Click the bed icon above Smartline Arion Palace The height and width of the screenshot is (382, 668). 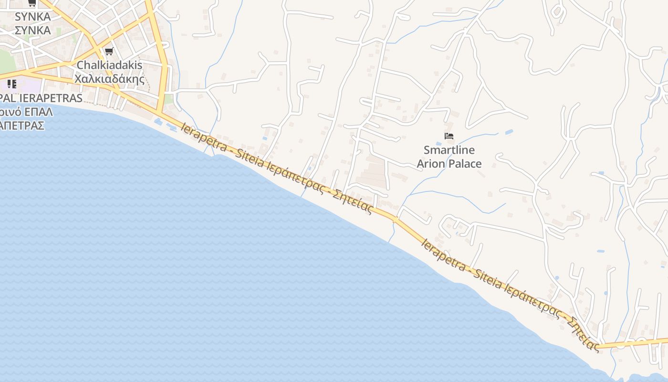click(x=449, y=136)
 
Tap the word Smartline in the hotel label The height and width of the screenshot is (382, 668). click(x=449, y=150)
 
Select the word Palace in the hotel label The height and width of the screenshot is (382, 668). click(x=464, y=164)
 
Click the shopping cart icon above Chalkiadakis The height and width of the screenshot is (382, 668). click(x=109, y=52)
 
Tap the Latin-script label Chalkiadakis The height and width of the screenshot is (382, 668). click(x=109, y=65)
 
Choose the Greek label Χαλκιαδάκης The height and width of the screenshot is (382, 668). click(x=109, y=79)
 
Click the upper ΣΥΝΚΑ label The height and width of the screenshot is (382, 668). click(x=32, y=17)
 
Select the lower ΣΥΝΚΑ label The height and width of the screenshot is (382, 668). click(x=32, y=31)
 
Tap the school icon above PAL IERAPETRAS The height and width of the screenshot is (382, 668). click(x=12, y=85)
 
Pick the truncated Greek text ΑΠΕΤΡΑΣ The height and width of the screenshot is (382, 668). click(x=22, y=126)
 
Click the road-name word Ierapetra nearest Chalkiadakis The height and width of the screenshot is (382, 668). click(x=204, y=138)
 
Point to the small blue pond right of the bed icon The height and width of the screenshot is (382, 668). click(x=508, y=132)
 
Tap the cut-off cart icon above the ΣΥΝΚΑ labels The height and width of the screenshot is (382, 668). click(x=32, y=3)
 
